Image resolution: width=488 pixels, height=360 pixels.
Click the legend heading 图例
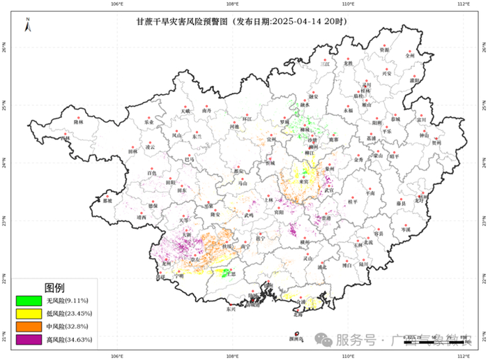click(x=54, y=287)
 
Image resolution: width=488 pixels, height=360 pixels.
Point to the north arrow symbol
click(x=27, y=27)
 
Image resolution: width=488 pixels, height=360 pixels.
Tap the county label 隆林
click(x=78, y=122)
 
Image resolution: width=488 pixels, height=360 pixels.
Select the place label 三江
click(x=324, y=63)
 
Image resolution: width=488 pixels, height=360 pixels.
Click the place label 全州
click(x=410, y=55)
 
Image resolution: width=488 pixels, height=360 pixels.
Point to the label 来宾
click(x=304, y=182)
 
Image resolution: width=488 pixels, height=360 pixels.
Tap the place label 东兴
click(x=231, y=309)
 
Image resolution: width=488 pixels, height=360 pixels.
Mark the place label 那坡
click(x=107, y=201)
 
